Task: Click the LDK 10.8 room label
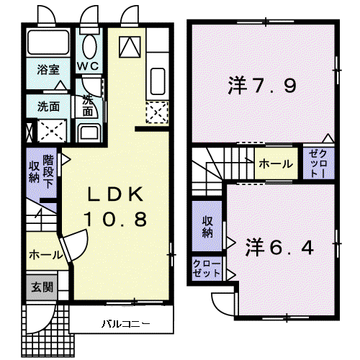tap(115, 207)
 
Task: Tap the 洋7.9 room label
tap(262, 85)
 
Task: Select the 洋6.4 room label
tap(279, 247)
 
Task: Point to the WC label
tap(88, 66)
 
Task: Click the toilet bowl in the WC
tap(89, 47)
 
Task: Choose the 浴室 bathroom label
tap(48, 70)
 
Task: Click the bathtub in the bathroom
tap(48, 42)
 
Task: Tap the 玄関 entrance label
tap(42, 287)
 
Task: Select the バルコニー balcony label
tap(126, 324)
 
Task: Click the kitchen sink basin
tap(158, 81)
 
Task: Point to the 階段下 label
tap(49, 171)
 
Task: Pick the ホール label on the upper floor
tap(276, 164)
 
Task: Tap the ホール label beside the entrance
tap(45, 255)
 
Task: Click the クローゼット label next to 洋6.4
tap(207, 269)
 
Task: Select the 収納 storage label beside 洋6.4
tap(207, 227)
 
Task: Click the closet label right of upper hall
tap(318, 163)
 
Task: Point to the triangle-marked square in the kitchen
tap(130, 47)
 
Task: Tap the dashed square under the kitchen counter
tap(157, 112)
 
